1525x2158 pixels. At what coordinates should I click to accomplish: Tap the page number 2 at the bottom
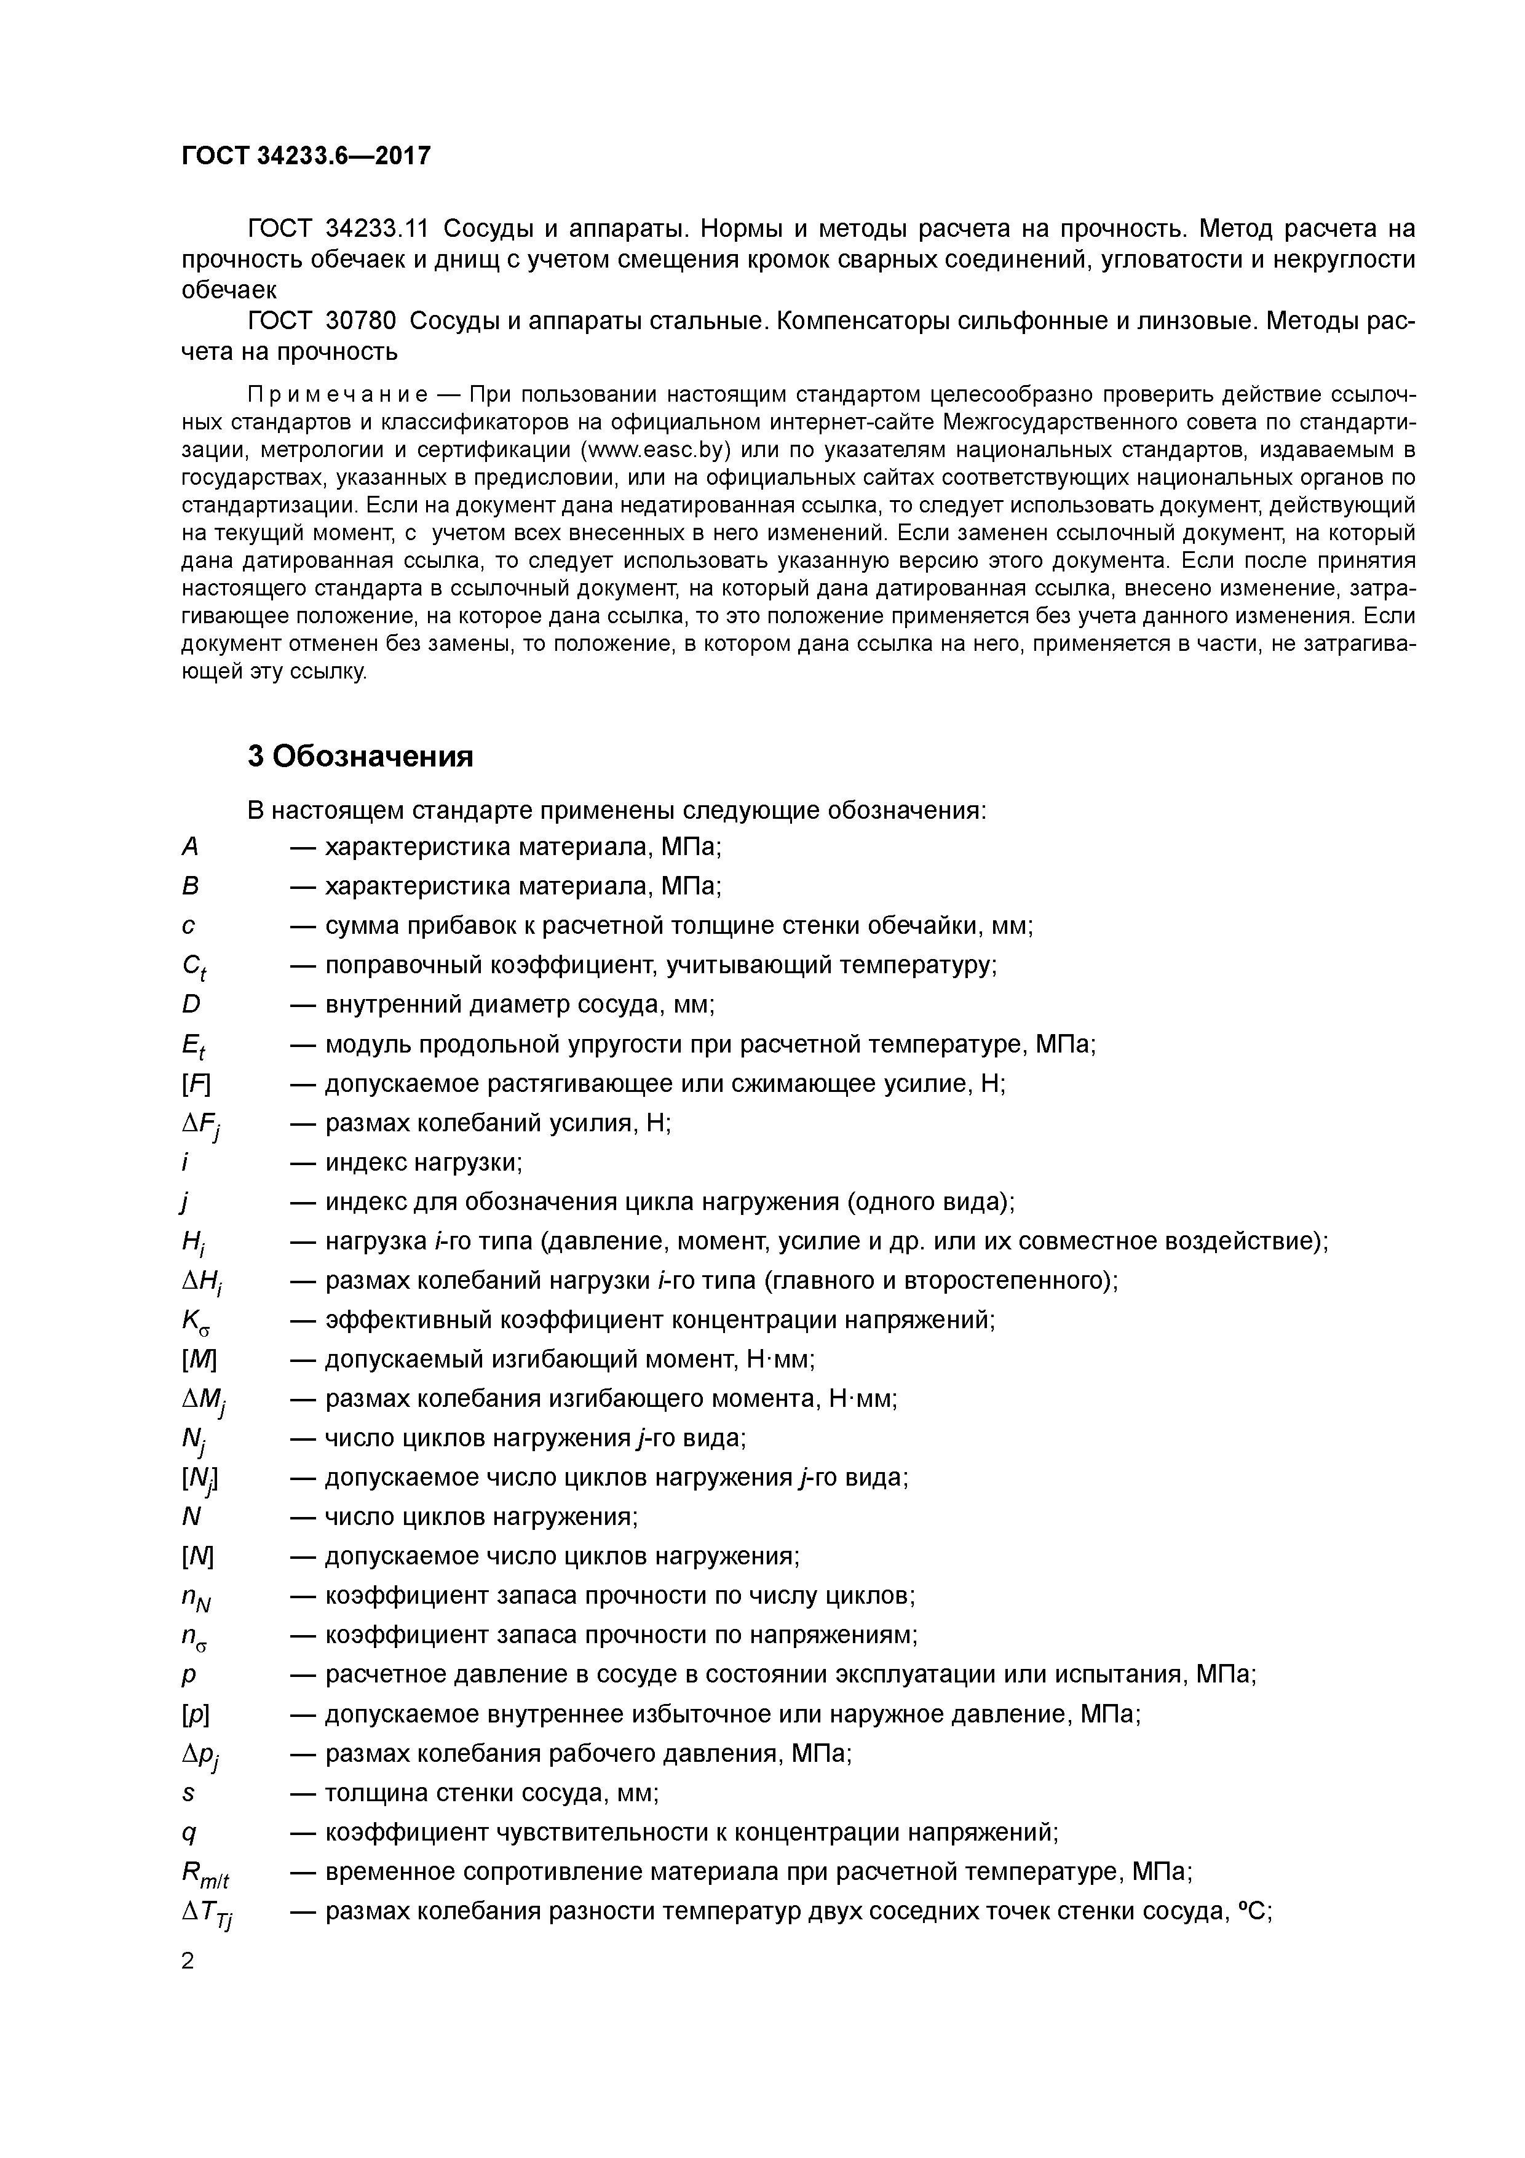(188, 1961)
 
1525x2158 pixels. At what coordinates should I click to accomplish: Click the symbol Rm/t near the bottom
(205, 1874)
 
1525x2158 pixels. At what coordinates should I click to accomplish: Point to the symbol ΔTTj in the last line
(207, 1914)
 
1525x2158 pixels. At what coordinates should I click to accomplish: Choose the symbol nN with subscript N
(196, 1598)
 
